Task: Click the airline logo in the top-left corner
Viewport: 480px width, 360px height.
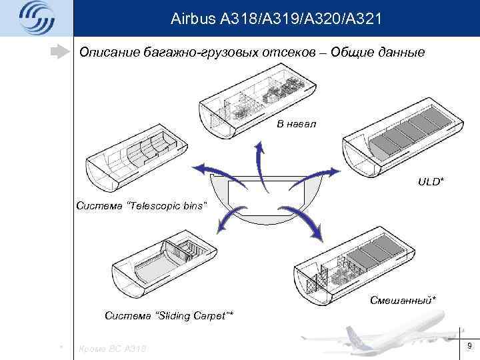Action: tap(35, 18)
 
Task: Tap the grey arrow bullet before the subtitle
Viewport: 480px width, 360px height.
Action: tap(61, 51)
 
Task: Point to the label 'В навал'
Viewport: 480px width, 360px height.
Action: tap(296, 124)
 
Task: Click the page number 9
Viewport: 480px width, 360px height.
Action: tap(469, 345)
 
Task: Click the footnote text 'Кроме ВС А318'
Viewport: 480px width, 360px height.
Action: tap(112, 348)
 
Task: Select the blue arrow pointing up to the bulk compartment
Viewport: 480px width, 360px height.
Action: tap(257, 157)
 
